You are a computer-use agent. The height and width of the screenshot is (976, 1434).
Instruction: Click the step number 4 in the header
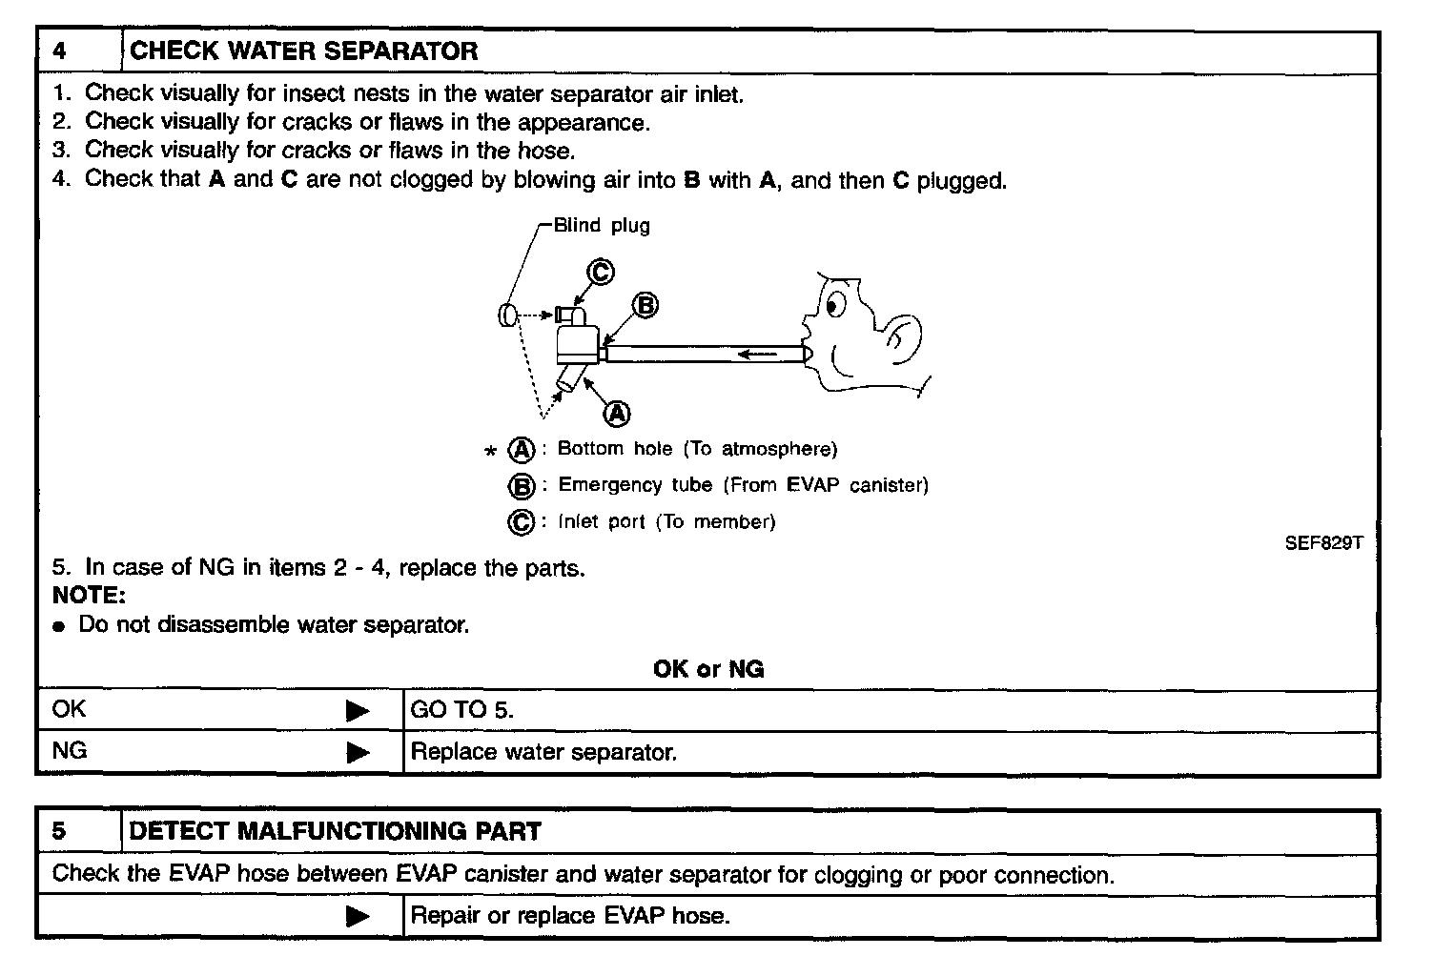(60, 51)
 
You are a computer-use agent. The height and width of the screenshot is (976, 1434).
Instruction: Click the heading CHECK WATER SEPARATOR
(303, 51)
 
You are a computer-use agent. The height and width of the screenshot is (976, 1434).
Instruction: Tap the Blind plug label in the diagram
(602, 226)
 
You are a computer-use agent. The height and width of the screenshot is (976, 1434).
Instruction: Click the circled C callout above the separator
(600, 273)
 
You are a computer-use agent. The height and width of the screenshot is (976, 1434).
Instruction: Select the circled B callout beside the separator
(645, 306)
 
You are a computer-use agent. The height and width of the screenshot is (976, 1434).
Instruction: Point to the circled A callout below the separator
(618, 413)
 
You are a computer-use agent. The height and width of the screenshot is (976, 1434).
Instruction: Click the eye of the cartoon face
(835, 305)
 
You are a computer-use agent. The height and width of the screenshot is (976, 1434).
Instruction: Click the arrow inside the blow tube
(757, 355)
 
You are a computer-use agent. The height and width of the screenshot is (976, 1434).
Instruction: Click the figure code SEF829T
(1323, 543)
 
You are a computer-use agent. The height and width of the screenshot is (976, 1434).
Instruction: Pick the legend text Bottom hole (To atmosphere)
(697, 449)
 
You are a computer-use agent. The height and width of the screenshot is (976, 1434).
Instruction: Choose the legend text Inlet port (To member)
(666, 522)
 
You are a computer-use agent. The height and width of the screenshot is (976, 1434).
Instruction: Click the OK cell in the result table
(69, 709)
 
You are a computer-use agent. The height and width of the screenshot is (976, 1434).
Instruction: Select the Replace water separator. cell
(543, 752)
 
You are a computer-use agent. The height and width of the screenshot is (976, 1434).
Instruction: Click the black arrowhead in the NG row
(358, 753)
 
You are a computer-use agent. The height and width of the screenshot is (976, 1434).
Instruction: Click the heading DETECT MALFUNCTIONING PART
(335, 831)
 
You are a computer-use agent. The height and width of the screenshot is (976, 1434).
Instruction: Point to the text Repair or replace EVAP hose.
(569, 917)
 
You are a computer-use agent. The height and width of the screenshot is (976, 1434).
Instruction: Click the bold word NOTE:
(89, 596)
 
